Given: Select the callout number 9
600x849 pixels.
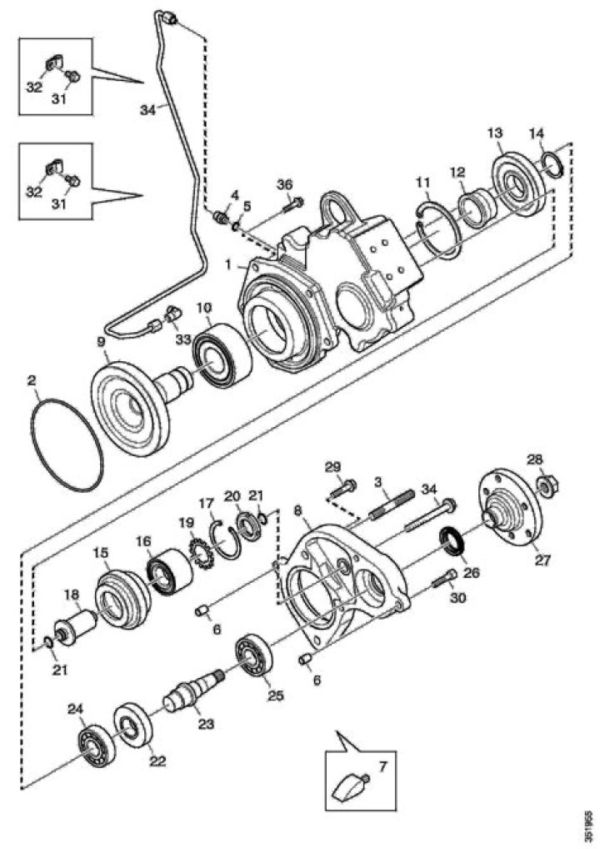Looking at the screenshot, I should [101, 341].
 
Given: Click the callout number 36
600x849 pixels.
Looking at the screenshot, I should [285, 184].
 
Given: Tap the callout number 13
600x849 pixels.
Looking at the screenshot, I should [495, 133].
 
